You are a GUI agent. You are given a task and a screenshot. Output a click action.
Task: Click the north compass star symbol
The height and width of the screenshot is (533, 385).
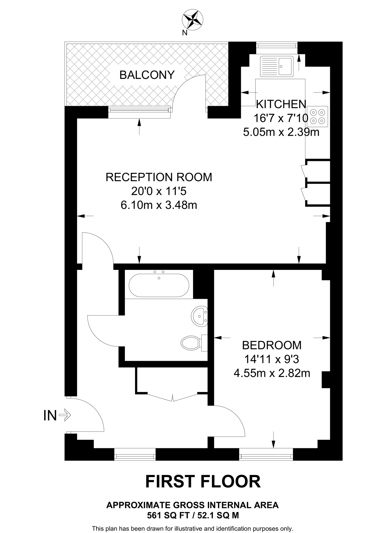point(193,19)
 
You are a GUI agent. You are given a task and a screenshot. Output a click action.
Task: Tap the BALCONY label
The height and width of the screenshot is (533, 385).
point(147,75)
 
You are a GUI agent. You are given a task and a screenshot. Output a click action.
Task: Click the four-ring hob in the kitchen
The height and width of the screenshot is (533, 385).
point(318,116)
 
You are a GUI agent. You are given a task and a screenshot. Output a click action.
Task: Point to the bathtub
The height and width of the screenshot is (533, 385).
point(159,285)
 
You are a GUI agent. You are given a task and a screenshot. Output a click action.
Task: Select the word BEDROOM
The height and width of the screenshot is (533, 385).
point(272,345)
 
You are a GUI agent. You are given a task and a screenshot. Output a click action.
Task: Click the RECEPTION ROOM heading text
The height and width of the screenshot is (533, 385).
point(159,177)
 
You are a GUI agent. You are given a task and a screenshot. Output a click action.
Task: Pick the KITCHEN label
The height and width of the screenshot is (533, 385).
point(281,104)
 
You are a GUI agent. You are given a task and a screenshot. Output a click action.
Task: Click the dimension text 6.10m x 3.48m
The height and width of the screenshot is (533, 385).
point(159,205)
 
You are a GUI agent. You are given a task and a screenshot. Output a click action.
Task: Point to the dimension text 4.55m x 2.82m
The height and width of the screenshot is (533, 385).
point(272,373)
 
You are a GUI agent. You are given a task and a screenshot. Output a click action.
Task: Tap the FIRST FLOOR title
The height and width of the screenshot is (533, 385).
point(203,481)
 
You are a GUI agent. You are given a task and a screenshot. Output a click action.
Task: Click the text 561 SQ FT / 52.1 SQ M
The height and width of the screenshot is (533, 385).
point(193,515)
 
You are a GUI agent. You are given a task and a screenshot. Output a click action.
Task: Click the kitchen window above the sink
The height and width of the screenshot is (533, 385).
point(276,46)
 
